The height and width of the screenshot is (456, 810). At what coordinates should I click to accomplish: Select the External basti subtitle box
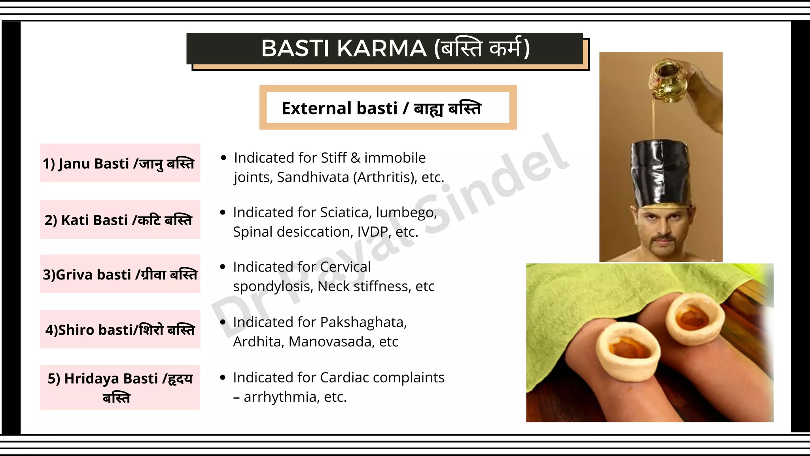click(x=388, y=108)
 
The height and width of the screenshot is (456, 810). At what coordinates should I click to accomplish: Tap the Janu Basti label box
click(x=120, y=163)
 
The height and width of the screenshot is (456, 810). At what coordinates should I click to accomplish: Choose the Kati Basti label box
click(x=120, y=220)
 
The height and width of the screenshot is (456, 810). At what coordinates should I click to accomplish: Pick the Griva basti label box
click(x=120, y=274)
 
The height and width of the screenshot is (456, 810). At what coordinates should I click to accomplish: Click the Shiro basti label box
click(x=120, y=329)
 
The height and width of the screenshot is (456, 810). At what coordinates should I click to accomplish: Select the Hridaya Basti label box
click(x=120, y=388)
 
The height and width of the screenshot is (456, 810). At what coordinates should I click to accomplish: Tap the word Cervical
click(x=345, y=267)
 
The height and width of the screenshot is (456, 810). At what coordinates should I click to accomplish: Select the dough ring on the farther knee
click(x=695, y=317)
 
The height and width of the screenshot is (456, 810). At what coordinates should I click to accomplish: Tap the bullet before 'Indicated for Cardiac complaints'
click(x=223, y=378)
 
